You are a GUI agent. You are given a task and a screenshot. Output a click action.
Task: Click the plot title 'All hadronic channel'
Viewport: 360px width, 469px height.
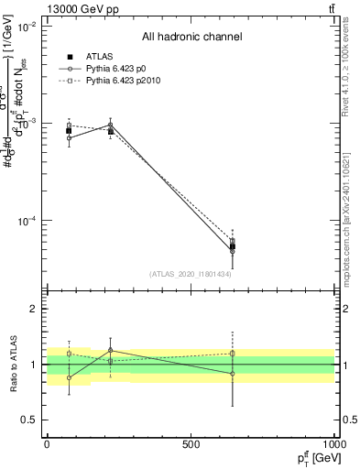coord(191,37)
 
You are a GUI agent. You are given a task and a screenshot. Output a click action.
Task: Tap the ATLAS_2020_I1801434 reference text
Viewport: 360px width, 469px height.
coord(191,274)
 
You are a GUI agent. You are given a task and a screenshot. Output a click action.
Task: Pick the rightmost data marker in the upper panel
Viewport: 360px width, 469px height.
coord(233,246)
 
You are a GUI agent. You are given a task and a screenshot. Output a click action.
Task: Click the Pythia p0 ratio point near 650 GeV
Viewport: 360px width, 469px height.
coord(233,374)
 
